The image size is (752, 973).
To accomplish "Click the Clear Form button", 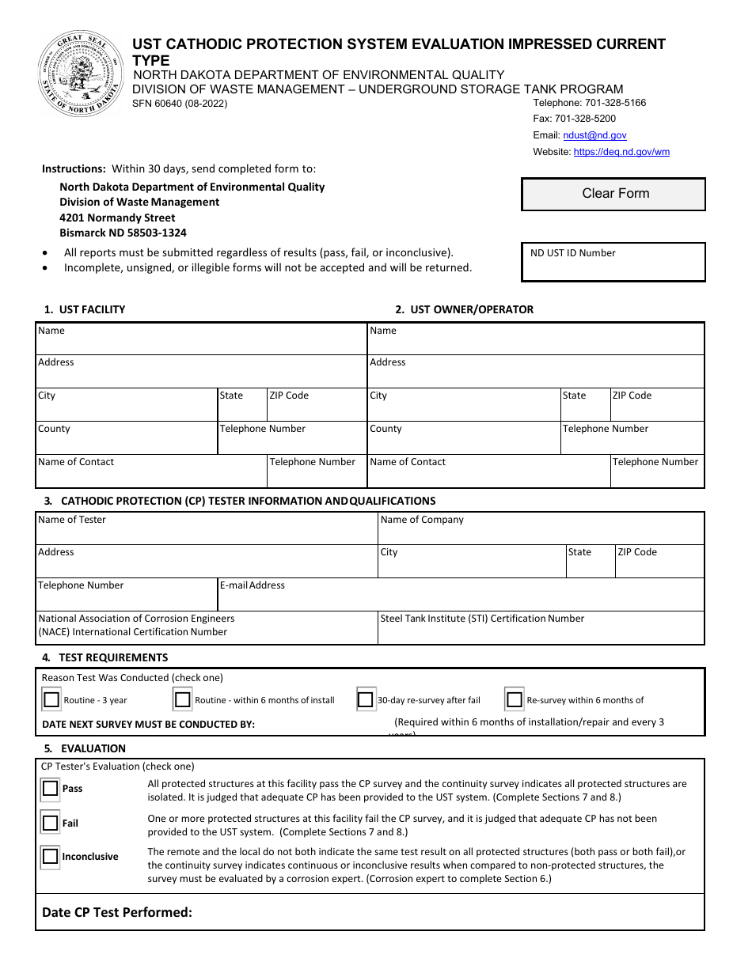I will [613, 194].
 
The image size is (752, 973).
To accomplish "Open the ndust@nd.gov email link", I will [600, 135].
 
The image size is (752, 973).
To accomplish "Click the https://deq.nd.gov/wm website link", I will [621, 152].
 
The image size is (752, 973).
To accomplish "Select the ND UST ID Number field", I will [613, 267].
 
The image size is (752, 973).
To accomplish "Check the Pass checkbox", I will [51, 789].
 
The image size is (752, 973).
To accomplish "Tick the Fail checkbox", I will [51, 823].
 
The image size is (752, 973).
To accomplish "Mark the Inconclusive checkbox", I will [51, 857].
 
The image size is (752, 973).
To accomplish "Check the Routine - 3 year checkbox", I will [52, 700].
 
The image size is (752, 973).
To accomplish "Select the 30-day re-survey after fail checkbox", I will [366, 700].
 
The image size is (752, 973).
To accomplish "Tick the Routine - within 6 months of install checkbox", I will [183, 700].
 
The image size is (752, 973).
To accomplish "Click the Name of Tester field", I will [206, 532].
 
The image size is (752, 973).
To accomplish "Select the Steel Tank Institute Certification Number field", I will [541, 632].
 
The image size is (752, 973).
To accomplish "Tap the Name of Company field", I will [541, 532].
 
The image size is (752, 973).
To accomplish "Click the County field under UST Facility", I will [127, 442].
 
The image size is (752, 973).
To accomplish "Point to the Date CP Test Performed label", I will [117, 912].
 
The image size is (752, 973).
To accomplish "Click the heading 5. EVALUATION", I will [85, 748].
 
